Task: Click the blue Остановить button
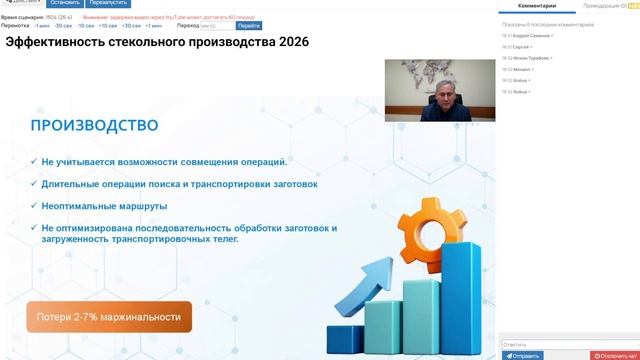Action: pyautogui.click(x=63, y=3)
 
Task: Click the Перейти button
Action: pyautogui.click(x=249, y=25)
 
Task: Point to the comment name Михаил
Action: pyautogui.click(x=523, y=69)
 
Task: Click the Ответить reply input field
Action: pyautogui.click(x=565, y=344)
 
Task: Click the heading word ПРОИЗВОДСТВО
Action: pyautogui.click(x=94, y=126)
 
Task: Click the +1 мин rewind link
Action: pyautogui.click(x=153, y=25)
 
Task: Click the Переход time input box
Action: pyautogui.click(x=216, y=25)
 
